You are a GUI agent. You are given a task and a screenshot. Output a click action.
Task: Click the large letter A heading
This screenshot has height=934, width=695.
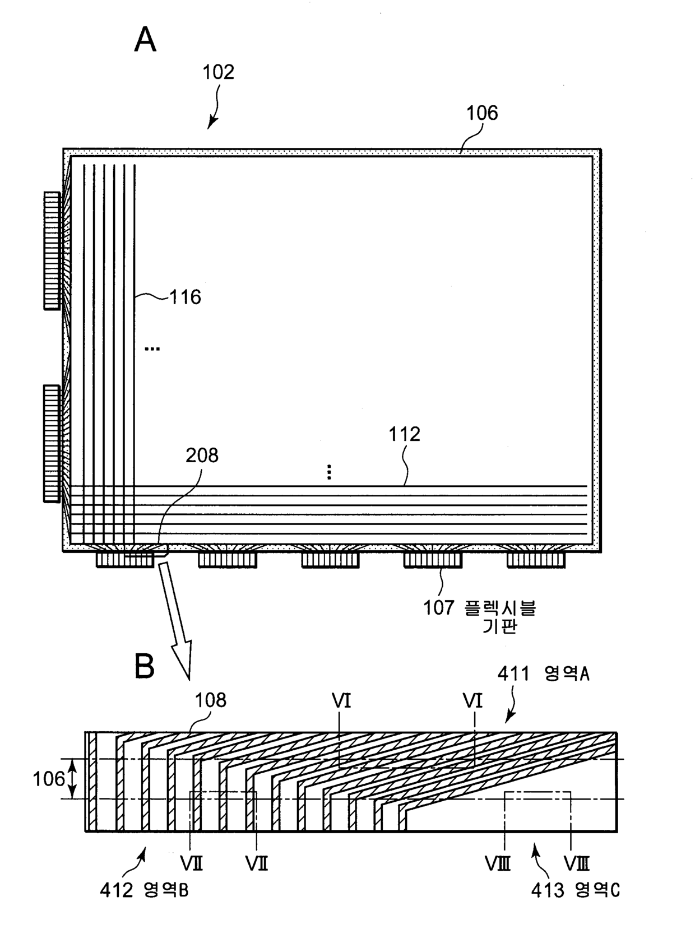[x=145, y=40]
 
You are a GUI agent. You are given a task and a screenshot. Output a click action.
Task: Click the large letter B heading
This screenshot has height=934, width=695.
[x=144, y=666]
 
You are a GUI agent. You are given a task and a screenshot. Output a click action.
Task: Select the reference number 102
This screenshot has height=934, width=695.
[x=218, y=72]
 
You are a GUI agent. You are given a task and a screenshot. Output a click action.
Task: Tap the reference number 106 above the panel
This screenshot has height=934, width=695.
[x=482, y=113]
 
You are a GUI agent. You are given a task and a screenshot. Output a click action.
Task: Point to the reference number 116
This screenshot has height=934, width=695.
[x=186, y=297]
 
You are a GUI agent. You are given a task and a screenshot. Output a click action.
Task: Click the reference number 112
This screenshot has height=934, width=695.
[x=404, y=434]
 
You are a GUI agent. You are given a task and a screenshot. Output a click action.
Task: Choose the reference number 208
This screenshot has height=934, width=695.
[x=202, y=455]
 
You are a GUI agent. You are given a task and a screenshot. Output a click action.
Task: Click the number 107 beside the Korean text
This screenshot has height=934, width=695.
[x=439, y=608]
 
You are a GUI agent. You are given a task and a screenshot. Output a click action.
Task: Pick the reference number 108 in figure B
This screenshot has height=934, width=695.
[x=211, y=700]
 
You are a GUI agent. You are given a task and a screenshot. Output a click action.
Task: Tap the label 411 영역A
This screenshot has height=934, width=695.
[x=543, y=674]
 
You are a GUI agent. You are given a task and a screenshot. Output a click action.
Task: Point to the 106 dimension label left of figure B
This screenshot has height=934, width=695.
[x=49, y=779]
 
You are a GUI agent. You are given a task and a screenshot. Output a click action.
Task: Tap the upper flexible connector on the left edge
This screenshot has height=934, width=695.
[x=52, y=250]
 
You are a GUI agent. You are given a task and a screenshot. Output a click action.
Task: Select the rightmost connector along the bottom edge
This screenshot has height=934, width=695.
[x=536, y=560]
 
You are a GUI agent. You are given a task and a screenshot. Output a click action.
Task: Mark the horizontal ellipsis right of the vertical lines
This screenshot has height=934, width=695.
[x=152, y=348]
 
